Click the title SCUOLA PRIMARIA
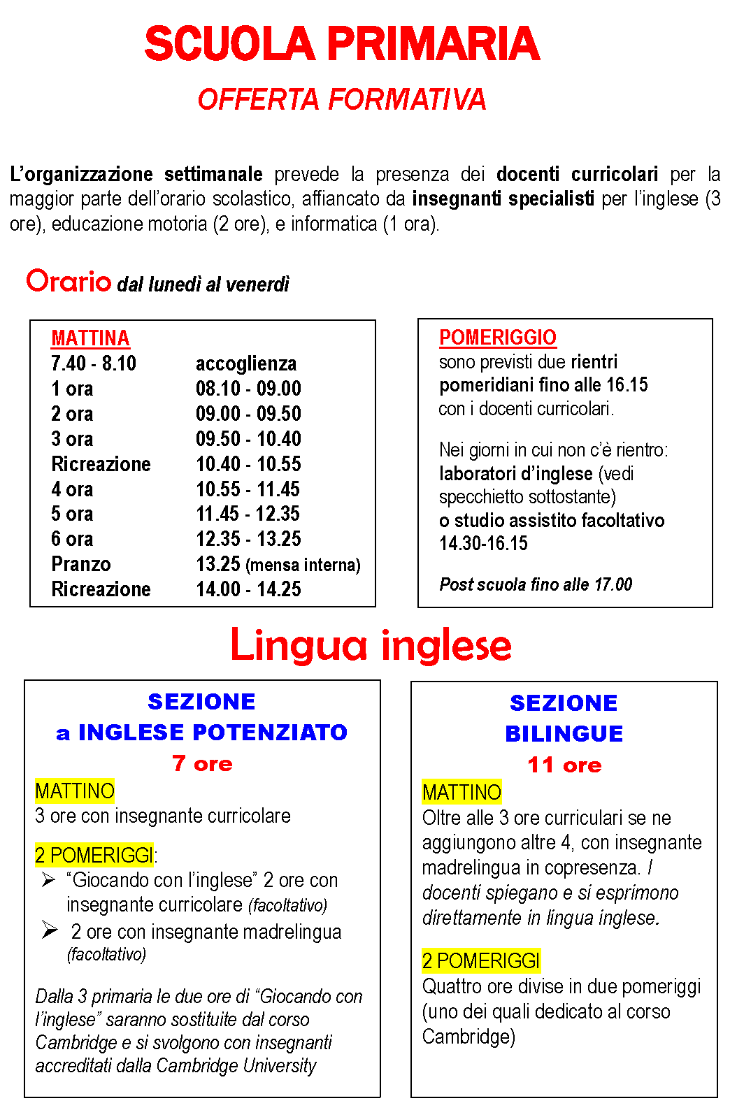pos(342,44)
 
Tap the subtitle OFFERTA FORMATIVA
pos(341,99)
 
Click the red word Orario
pos(69,281)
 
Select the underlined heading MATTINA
pos(90,338)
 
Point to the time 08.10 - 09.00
pos(248,389)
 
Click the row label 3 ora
pos(72,439)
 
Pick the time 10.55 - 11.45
pos(248,489)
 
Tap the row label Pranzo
pos(81,564)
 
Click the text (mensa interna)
pos(303,565)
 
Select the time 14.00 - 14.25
pos(248,589)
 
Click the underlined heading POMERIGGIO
pos(497,338)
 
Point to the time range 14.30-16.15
pos(483,543)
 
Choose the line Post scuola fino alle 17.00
pos(536,584)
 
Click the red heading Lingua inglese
pos(371,644)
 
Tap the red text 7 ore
pos(202,763)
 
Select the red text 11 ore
pos(564,765)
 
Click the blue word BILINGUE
pos(564,733)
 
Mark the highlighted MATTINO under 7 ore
pos(75,791)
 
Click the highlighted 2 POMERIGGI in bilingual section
pos(481,961)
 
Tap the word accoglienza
pos(246,363)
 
